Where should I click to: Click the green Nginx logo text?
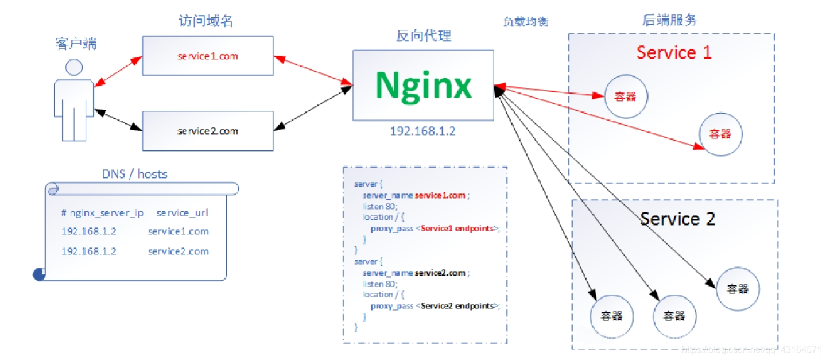click(423, 86)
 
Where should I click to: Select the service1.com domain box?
click(207, 56)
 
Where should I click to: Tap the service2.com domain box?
click(207, 131)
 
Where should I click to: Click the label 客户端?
click(76, 43)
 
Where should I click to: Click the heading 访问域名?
click(205, 21)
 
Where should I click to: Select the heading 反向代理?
click(423, 36)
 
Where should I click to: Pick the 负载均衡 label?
click(526, 22)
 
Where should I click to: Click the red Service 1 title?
click(674, 53)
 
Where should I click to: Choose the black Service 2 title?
click(677, 219)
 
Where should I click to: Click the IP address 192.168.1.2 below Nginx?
click(422, 131)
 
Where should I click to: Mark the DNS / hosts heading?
click(135, 173)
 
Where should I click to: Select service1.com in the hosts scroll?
click(178, 231)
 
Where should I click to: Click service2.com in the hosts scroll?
click(178, 251)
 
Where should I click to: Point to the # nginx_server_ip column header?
click(102, 212)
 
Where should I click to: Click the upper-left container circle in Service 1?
click(626, 96)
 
